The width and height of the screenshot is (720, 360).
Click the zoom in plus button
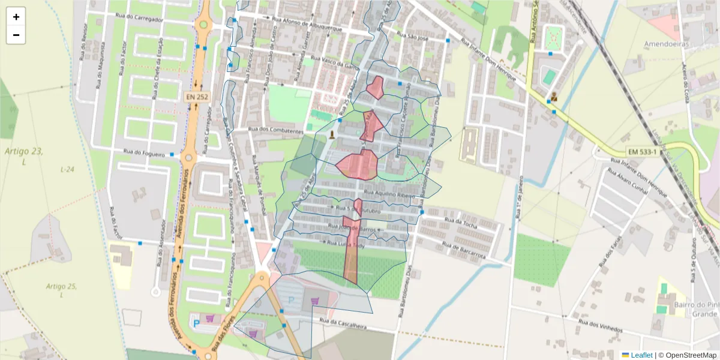click(x=16, y=17)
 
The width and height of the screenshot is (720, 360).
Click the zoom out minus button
click(x=16, y=35)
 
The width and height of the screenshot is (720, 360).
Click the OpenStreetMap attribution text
click(x=691, y=355)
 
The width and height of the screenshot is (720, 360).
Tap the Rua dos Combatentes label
click(x=276, y=130)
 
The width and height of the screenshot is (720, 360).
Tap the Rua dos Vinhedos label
click(x=599, y=326)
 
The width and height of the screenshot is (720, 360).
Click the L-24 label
click(x=67, y=170)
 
